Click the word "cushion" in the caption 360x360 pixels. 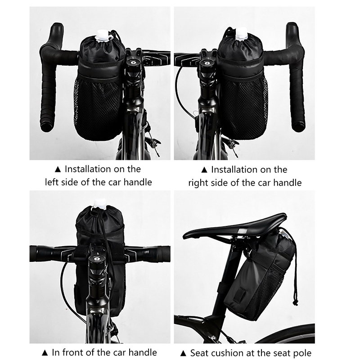pos(228,353)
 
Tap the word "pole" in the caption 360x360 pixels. pos(303,353)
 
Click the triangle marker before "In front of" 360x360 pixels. pos(45,353)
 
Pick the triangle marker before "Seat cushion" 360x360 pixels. pos(183,353)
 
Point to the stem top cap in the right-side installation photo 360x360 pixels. pos(207,63)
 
